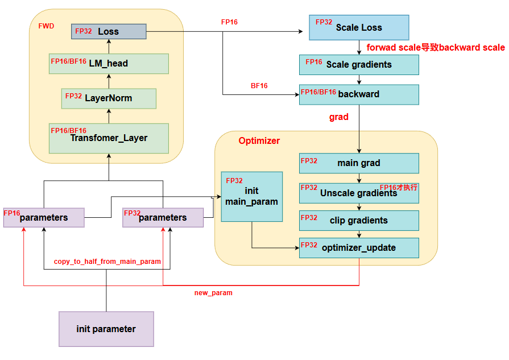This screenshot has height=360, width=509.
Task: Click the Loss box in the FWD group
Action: coord(109,31)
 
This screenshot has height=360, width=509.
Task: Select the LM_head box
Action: coord(109,64)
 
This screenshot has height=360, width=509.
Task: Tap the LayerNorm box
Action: coord(109,98)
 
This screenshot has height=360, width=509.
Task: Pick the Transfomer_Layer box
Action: coord(109,138)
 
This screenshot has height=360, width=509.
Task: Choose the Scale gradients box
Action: coord(359,65)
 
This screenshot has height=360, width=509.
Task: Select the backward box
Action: coord(359,94)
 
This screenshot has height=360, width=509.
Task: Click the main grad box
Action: coord(359,163)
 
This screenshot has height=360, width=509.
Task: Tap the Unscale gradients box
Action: coord(359,193)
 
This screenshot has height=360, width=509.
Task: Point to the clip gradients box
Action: coord(359,221)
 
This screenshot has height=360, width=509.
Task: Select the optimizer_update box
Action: coord(359,247)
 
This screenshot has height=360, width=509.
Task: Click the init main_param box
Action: coord(251,196)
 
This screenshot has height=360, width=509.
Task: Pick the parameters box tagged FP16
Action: coord(44,218)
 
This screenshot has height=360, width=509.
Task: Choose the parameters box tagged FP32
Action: coord(163,218)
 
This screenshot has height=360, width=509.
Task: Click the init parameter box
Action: coord(106,329)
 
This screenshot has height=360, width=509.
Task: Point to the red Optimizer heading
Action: coord(259,141)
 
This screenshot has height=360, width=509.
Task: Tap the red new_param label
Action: coord(213,293)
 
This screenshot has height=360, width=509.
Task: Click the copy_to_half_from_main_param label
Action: coord(107,262)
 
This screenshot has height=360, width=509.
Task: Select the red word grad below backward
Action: coord(339,117)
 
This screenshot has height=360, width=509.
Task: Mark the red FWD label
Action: coord(46,26)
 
